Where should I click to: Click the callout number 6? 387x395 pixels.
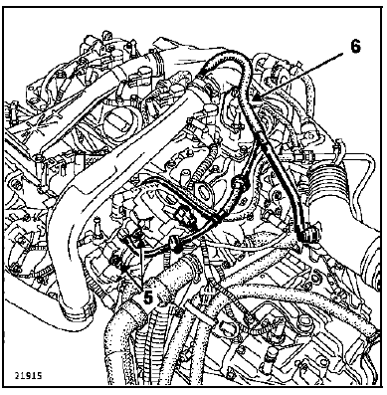354,46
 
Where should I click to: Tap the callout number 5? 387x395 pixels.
148,296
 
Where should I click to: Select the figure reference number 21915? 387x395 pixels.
28,375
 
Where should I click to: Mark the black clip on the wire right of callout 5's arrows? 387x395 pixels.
175,244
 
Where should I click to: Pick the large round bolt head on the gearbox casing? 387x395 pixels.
303,320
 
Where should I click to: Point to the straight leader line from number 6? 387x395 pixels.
299,76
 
